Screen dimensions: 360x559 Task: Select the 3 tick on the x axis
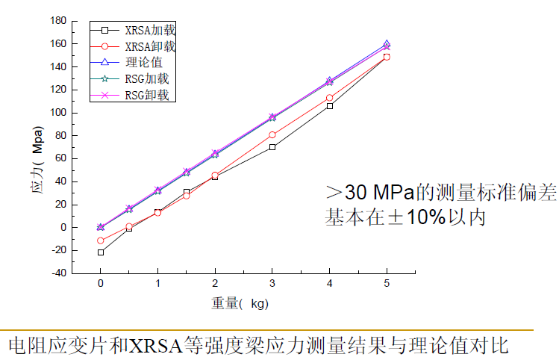272,284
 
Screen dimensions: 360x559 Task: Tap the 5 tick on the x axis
387,284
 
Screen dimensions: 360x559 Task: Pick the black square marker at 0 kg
101,252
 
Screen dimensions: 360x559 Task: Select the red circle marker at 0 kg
101,240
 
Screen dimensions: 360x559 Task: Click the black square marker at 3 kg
272,147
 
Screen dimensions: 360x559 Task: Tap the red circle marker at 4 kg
329,98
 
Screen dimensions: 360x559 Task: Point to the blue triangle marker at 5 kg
387,44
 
